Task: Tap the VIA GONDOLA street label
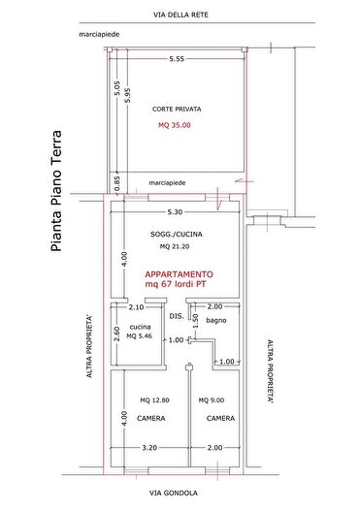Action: pyautogui.click(x=175, y=492)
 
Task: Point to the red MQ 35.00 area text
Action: pyautogui.click(x=175, y=124)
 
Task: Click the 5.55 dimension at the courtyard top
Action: pyautogui.click(x=176, y=59)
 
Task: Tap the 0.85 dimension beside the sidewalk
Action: pyautogui.click(x=116, y=180)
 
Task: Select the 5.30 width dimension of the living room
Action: pyautogui.click(x=175, y=211)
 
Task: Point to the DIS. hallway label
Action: pyautogui.click(x=176, y=317)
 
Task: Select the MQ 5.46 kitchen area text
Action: pyautogui.click(x=140, y=338)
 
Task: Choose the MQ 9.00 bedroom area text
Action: pyautogui.click(x=212, y=400)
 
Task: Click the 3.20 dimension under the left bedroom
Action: pyautogui.click(x=148, y=448)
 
